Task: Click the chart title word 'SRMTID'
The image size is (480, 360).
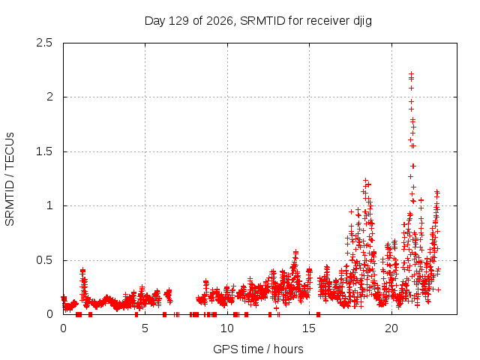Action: click(x=262, y=21)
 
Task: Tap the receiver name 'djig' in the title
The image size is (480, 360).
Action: click(x=362, y=22)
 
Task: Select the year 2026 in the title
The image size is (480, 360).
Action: click(x=219, y=21)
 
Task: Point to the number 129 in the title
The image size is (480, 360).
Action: click(x=178, y=21)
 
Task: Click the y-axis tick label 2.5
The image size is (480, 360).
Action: click(x=44, y=43)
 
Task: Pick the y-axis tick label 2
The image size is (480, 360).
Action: click(x=49, y=97)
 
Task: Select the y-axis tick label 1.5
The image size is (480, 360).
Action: click(x=44, y=151)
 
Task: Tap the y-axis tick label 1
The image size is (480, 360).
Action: click(x=50, y=205)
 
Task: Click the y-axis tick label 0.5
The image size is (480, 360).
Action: click(x=44, y=260)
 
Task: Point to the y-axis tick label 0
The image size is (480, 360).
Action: click(x=49, y=314)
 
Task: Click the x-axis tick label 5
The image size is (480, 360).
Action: click(x=145, y=328)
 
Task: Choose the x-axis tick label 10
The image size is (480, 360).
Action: click(x=227, y=328)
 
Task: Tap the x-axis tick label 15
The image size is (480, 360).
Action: click(x=309, y=328)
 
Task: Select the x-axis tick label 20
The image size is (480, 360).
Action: click(x=391, y=328)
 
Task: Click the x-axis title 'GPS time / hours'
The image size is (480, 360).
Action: click(x=258, y=349)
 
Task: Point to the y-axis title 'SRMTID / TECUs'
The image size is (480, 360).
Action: click(x=10, y=179)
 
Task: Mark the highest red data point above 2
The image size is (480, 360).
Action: click(x=412, y=73)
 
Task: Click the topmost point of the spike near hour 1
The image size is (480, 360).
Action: click(x=82, y=271)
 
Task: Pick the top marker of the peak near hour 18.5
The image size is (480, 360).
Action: click(x=365, y=181)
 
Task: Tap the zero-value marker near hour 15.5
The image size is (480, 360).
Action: click(x=318, y=314)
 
